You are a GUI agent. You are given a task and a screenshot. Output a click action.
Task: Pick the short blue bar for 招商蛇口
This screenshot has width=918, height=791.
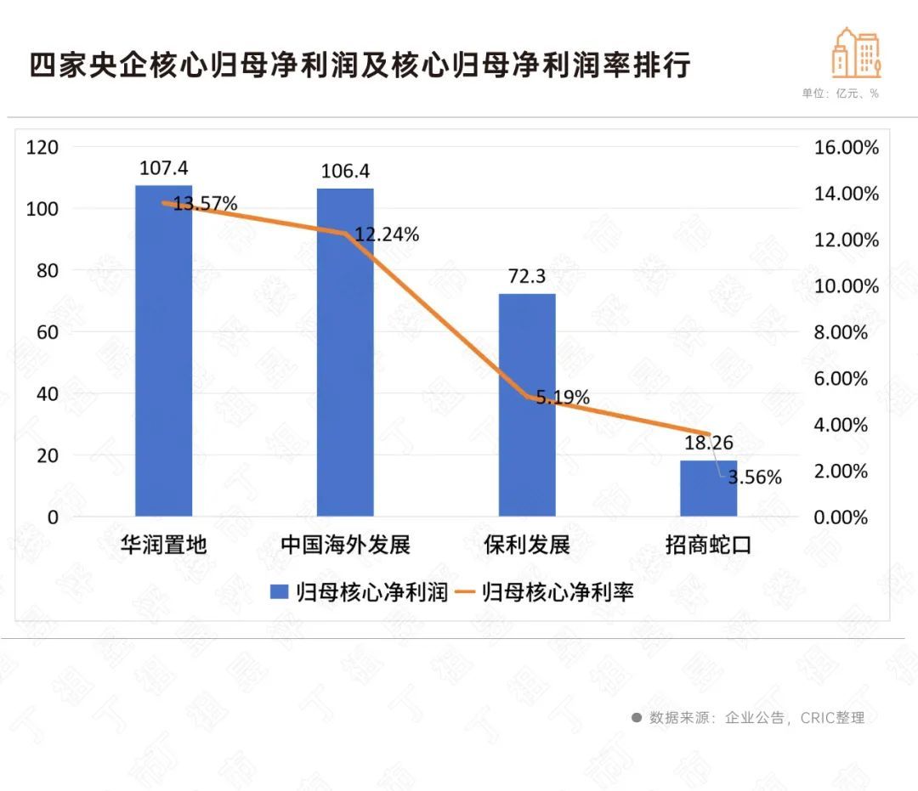708,489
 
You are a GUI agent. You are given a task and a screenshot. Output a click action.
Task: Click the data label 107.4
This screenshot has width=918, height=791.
164,168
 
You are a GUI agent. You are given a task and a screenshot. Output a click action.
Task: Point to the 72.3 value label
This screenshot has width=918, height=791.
527,277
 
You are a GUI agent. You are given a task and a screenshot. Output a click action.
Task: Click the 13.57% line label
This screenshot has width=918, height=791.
205,204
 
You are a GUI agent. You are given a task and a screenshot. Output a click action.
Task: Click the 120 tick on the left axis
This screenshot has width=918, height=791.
42,147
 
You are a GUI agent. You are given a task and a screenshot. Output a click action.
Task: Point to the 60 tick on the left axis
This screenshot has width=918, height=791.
48,332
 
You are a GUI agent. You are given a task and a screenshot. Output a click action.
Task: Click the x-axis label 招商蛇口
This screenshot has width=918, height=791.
708,545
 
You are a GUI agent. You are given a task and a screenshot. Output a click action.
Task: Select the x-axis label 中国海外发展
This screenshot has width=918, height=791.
345,545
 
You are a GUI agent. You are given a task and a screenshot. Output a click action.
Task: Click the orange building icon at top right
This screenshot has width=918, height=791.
856,52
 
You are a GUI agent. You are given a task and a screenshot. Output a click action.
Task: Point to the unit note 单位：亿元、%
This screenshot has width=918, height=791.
840,94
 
